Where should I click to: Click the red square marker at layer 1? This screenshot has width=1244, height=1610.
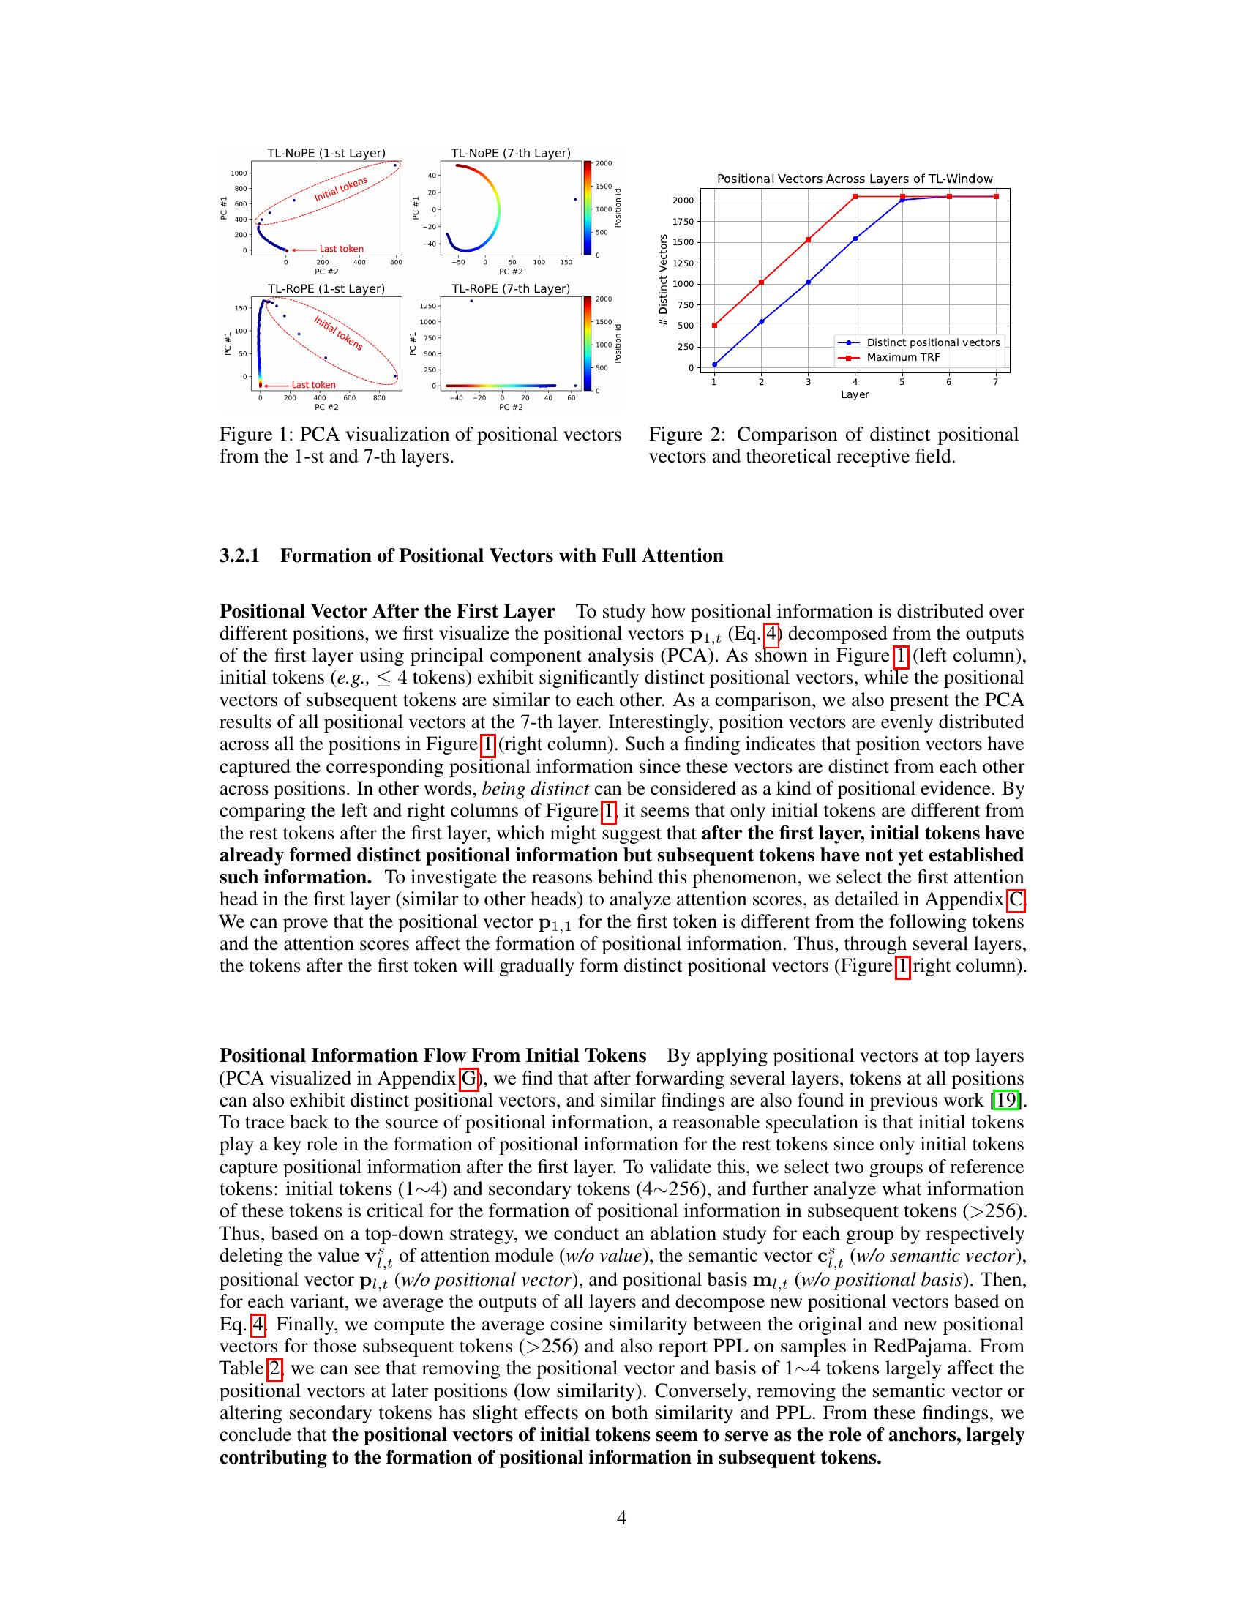[714, 325]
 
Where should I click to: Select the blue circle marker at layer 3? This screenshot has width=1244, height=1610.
[808, 282]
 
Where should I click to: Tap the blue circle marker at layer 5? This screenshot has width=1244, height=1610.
[902, 199]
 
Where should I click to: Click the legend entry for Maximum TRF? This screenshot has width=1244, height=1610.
[903, 358]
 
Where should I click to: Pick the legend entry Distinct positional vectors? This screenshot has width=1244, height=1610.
[933, 342]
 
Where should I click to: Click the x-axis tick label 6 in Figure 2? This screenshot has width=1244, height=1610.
[948, 382]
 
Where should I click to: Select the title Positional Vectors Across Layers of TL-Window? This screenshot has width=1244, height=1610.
[855, 179]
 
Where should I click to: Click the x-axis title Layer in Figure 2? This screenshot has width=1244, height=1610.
[855, 395]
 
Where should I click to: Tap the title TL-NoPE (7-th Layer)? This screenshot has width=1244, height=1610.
[511, 154]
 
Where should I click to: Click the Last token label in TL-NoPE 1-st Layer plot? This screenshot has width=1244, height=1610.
[341, 248]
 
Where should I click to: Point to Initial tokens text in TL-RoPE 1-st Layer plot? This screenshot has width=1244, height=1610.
[337, 332]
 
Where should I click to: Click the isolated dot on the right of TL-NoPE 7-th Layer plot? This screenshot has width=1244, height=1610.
[576, 199]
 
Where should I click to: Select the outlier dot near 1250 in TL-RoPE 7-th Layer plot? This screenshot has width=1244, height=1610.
[471, 301]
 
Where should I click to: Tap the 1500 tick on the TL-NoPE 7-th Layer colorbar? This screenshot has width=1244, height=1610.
[604, 187]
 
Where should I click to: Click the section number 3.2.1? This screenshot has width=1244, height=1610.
[239, 556]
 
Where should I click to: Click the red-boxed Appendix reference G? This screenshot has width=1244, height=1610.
[469, 1079]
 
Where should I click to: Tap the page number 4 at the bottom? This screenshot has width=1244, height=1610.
[621, 1518]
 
